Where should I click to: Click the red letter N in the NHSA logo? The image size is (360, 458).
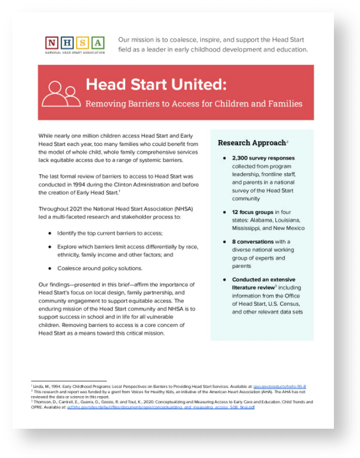53,43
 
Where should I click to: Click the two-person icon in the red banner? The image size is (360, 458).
61,93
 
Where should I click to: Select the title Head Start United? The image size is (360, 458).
156,84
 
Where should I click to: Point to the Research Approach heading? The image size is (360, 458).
252,143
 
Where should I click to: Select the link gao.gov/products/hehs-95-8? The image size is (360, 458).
286,386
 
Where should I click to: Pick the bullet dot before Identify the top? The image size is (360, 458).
50,233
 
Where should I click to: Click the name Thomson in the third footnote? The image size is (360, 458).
42,402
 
